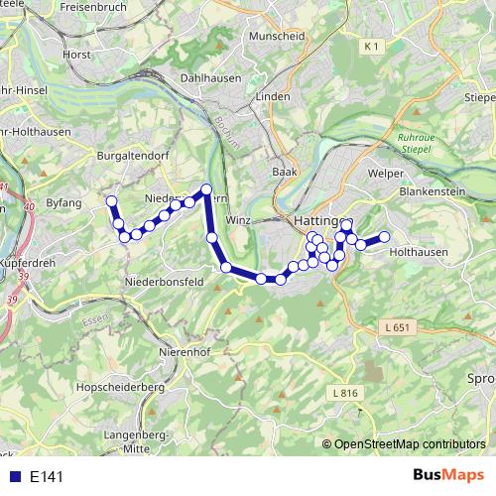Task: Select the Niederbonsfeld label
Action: (164, 282)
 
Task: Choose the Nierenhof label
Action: (185, 351)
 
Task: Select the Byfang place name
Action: (62, 202)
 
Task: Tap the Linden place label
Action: (272, 96)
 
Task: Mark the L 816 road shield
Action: (343, 393)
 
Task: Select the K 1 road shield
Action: (372, 47)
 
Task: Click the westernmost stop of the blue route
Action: (111, 201)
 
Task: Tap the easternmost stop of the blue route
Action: (384, 236)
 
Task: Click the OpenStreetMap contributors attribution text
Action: (410, 444)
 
